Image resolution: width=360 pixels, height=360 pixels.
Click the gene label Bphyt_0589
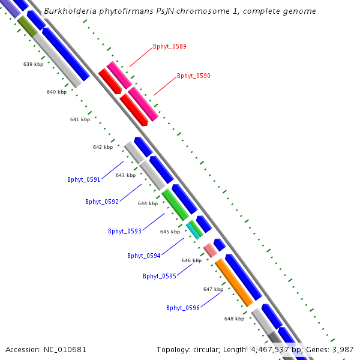(169, 46)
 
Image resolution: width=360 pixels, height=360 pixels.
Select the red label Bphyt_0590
(193, 76)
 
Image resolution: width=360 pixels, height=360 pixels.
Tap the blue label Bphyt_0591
(84, 179)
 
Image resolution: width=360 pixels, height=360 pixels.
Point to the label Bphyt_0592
(102, 202)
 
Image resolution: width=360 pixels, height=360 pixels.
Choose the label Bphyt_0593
(125, 231)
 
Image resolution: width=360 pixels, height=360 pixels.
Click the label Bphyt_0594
(144, 256)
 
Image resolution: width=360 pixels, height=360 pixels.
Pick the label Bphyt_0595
(160, 276)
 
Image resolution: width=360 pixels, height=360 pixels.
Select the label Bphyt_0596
(183, 308)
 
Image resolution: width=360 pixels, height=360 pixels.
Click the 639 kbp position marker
(34, 64)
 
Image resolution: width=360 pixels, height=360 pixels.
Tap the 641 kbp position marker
(80, 119)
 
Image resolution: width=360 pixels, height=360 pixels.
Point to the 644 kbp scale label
(148, 203)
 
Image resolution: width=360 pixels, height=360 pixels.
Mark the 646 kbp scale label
(191, 260)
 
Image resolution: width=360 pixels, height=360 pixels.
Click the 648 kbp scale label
(234, 319)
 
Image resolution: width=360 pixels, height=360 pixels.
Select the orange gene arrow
(233, 282)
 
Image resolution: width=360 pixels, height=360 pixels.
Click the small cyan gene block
(193, 230)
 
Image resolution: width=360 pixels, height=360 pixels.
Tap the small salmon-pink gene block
(210, 250)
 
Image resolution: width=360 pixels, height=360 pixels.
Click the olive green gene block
(28, 25)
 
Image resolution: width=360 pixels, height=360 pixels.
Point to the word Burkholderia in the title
(69, 11)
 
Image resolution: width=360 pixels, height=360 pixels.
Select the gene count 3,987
(343, 349)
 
